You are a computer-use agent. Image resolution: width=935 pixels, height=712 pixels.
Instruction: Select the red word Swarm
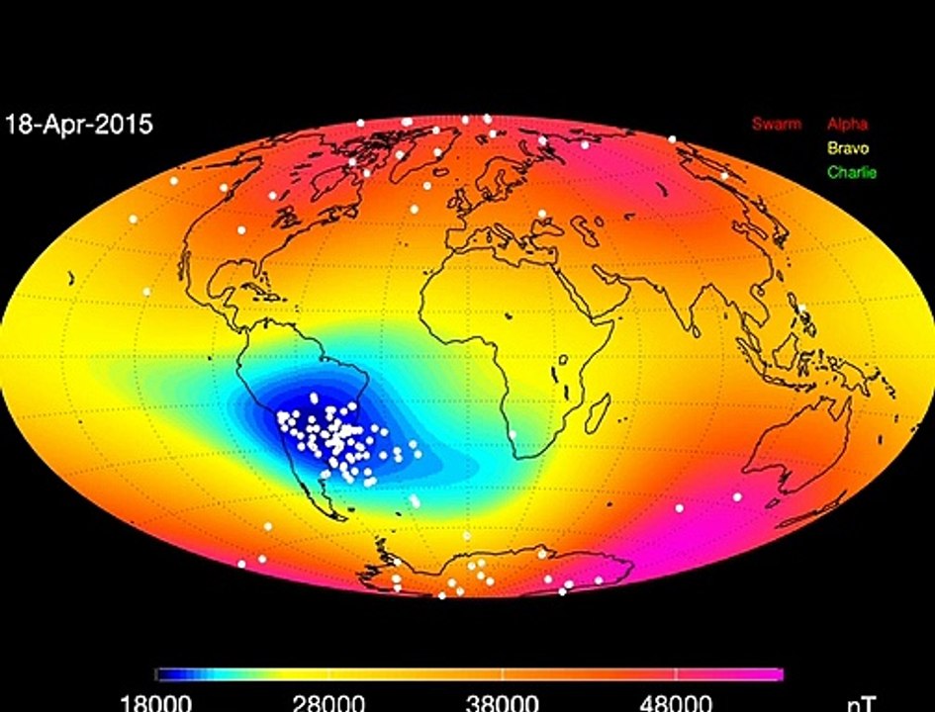pyautogui.click(x=777, y=125)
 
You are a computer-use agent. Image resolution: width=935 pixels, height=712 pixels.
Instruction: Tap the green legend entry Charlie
pyautogui.click(x=851, y=172)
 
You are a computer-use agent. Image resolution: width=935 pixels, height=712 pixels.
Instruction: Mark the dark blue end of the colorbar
pyautogui.click(x=164, y=674)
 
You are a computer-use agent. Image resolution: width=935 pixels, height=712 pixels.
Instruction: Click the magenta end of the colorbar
pyautogui.click(x=776, y=674)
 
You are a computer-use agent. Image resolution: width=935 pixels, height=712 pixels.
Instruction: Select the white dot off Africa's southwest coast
pyautogui.click(x=514, y=433)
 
